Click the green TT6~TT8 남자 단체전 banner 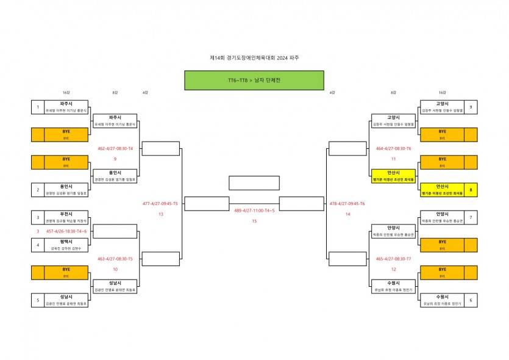click(x=254, y=80)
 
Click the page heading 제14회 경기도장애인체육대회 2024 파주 click(x=254, y=57)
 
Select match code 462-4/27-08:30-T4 click(x=115, y=148)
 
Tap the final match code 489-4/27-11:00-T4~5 click(x=254, y=210)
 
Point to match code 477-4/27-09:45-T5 click(x=160, y=204)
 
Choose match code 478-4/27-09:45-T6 click(x=347, y=204)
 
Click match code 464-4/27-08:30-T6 click(x=393, y=148)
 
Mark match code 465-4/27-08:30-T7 click(x=393, y=259)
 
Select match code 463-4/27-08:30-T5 click(x=115, y=259)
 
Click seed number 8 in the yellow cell click(x=471, y=190)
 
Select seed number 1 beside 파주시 click(x=38, y=107)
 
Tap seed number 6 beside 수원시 click(x=471, y=300)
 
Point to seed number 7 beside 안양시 click(x=471, y=217)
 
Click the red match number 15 click(x=254, y=221)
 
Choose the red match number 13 click(x=160, y=214)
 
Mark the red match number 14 click(x=347, y=214)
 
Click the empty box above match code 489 click(x=254, y=183)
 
